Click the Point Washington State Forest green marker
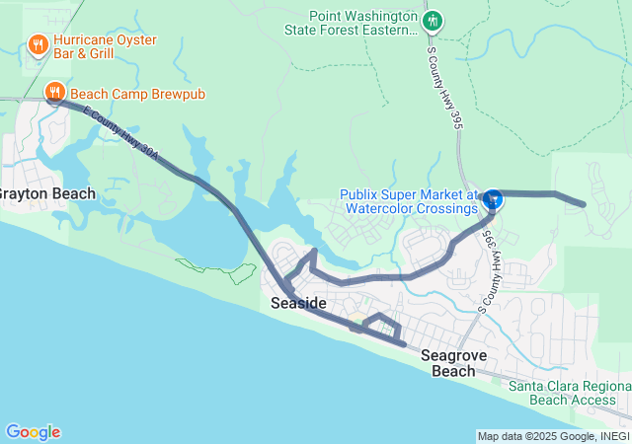(432, 21)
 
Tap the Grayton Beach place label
(47, 193)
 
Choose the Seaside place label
(298, 303)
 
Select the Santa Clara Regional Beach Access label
(569, 393)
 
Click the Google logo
(33, 432)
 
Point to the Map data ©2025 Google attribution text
(553, 436)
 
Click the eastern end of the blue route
(584, 204)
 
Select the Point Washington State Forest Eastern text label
(363, 24)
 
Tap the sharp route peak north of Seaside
(314, 252)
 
